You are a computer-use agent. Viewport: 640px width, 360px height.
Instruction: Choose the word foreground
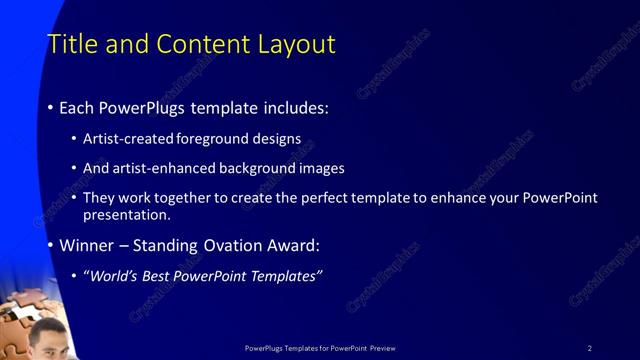tap(212, 138)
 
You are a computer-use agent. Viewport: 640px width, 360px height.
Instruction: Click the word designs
tap(273, 138)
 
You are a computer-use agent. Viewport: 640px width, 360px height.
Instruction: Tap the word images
tap(319, 168)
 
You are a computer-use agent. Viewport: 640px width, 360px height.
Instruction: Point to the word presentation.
tap(127, 214)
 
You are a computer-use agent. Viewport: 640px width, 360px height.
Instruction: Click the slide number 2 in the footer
tap(590, 348)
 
